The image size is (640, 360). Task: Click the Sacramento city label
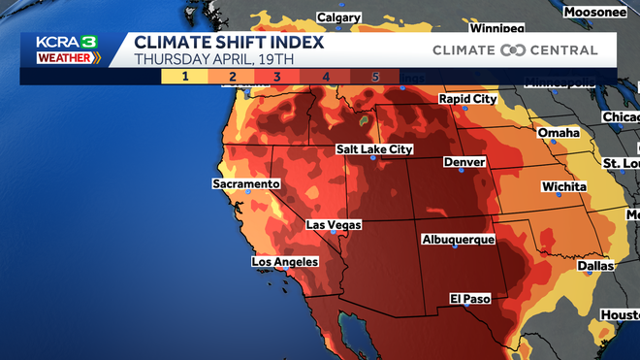pos(246,183)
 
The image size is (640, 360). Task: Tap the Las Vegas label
pos(333,225)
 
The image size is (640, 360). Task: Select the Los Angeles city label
pos(285,262)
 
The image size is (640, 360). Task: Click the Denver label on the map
pos(464,162)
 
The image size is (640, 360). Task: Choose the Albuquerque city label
pos(459,239)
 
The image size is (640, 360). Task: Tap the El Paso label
pos(468,298)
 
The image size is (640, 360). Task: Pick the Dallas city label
pos(594,265)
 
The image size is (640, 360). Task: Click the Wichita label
pos(563,186)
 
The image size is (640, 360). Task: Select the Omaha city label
pos(559,133)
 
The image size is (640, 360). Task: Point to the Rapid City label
pos(467,99)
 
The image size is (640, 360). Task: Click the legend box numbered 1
pos(182,77)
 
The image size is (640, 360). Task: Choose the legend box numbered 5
pos(374,77)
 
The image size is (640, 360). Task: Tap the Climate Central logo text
pos(515,50)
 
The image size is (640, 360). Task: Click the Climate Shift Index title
pos(229,43)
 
